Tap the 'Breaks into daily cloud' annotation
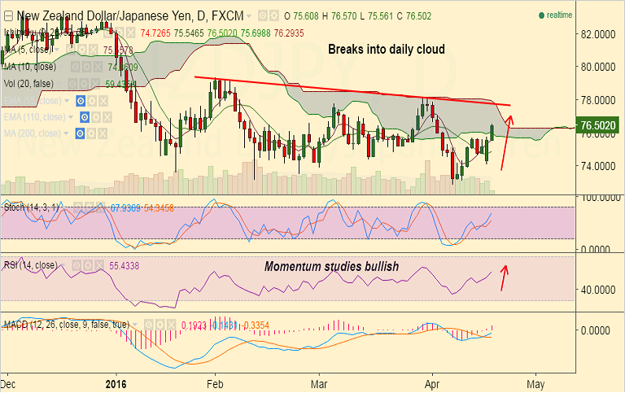point(386,50)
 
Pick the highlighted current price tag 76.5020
point(598,126)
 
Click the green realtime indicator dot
point(541,15)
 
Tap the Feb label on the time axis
point(215,382)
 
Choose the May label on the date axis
point(535,382)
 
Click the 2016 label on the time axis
point(117,382)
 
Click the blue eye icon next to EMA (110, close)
point(81,117)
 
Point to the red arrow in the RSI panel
point(505,277)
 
